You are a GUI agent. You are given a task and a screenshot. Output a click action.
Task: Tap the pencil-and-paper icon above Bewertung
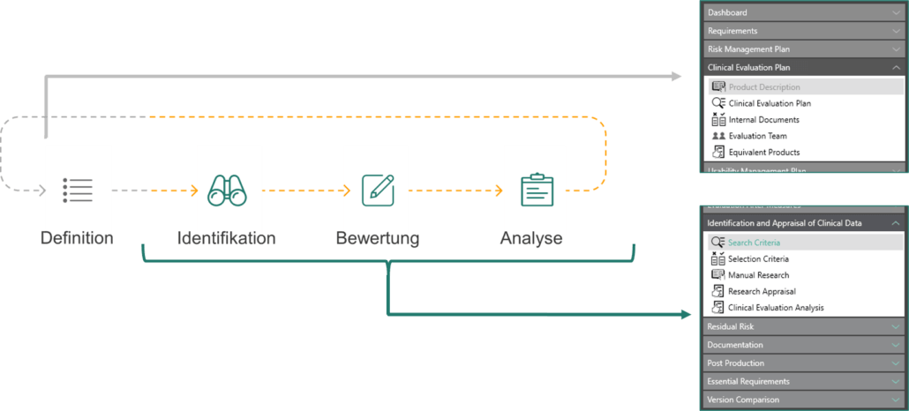(x=377, y=191)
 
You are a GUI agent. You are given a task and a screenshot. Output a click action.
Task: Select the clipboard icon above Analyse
(x=537, y=191)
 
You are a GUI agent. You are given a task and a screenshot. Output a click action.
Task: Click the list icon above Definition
(x=78, y=191)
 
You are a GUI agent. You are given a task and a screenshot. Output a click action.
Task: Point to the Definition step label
(x=77, y=238)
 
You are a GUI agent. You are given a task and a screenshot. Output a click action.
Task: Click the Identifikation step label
(x=227, y=238)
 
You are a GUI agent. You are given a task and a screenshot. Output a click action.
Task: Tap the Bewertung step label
(x=377, y=238)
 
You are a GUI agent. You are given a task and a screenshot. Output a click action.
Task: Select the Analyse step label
(x=531, y=238)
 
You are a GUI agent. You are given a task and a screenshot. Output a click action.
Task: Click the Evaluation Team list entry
(x=757, y=136)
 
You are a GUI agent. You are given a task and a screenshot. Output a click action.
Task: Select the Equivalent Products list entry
(x=763, y=153)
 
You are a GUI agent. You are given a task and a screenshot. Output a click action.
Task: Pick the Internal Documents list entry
(x=763, y=120)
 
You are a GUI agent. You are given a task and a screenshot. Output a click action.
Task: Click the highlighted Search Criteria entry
(x=754, y=243)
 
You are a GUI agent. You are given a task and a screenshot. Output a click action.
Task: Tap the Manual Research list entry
(x=758, y=275)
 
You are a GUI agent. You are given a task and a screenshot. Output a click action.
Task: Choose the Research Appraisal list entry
(x=762, y=291)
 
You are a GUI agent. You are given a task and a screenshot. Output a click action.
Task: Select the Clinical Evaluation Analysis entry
(x=776, y=308)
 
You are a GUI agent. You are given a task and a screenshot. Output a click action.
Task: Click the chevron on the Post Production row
(x=896, y=363)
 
